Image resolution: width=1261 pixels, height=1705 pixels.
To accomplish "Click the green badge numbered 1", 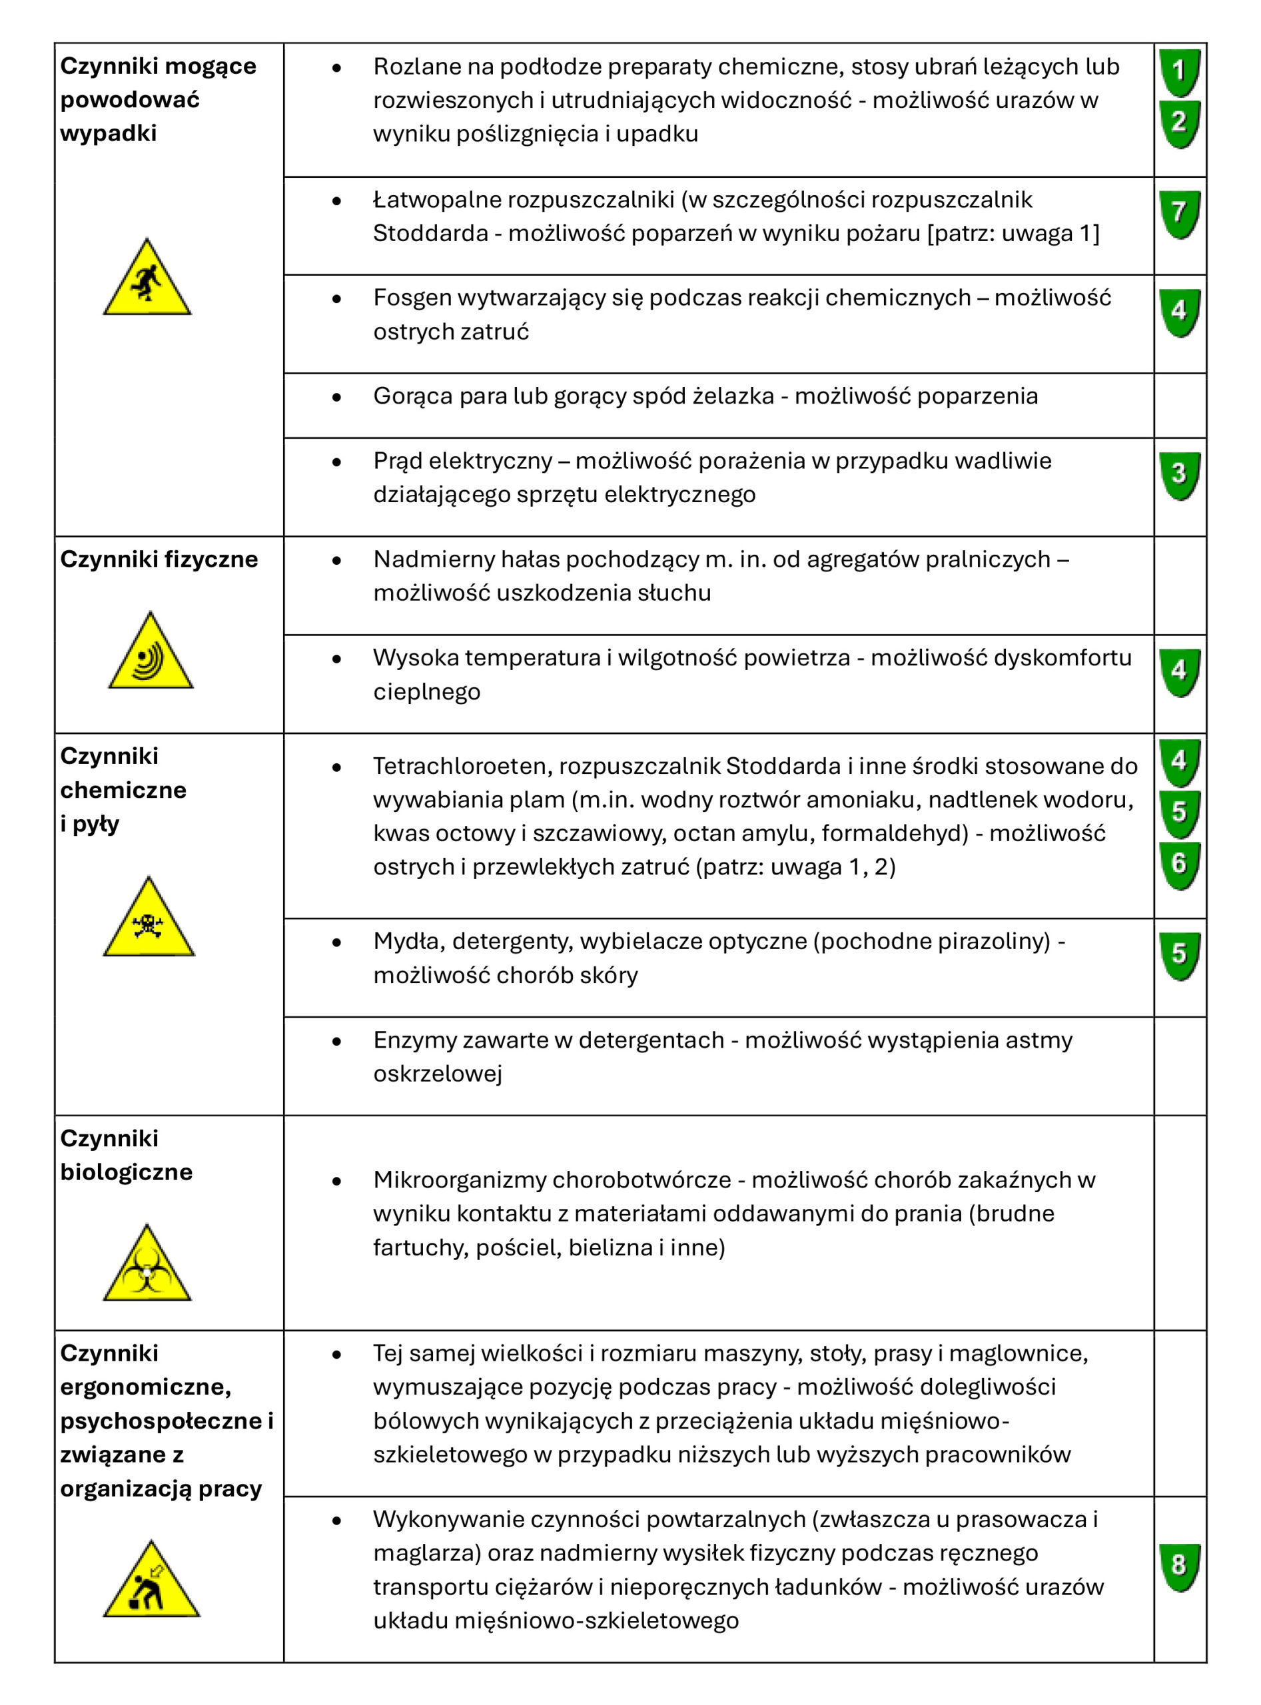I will click(x=1179, y=73).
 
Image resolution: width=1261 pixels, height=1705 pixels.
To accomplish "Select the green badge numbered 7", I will click(x=1179, y=214).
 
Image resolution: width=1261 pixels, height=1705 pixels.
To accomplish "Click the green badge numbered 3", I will click(x=1179, y=476).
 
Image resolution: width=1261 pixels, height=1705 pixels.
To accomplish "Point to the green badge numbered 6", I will click(x=1179, y=864).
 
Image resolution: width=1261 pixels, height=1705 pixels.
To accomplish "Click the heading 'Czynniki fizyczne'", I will click(x=159, y=559).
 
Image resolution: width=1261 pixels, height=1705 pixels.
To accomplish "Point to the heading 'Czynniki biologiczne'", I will click(x=126, y=1155).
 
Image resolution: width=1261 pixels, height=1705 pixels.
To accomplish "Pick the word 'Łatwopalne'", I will click(x=436, y=200).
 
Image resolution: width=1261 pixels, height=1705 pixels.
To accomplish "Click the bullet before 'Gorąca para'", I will click(x=336, y=398).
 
